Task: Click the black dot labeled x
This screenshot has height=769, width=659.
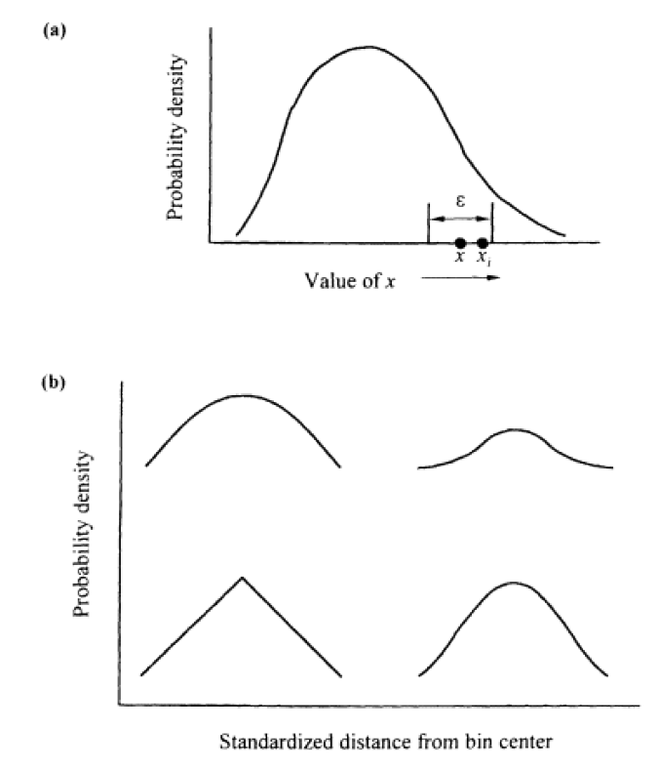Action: point(460,242)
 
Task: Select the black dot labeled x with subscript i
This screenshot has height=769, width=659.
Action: point(483,242)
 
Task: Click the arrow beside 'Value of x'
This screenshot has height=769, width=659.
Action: point(462,278)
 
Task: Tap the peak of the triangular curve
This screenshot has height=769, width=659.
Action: point(242,578)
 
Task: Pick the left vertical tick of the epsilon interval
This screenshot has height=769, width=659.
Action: point(429,222)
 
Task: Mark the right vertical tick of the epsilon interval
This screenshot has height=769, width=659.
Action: point(491,222)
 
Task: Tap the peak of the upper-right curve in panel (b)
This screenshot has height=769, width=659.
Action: point(515,428)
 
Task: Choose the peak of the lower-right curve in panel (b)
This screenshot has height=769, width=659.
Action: point(514,584)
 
